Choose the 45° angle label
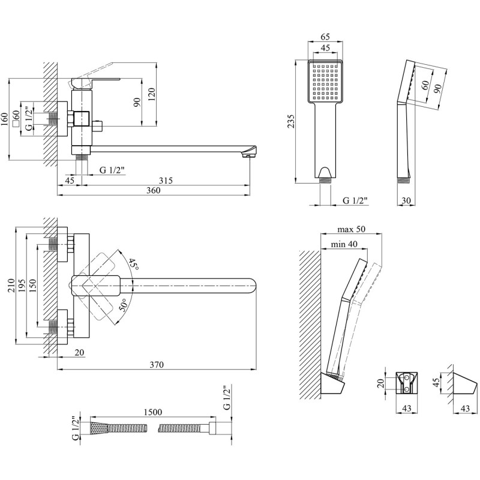pos(132,264)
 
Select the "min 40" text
pos(345,244)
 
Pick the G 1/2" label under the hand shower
pos(355,200)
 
